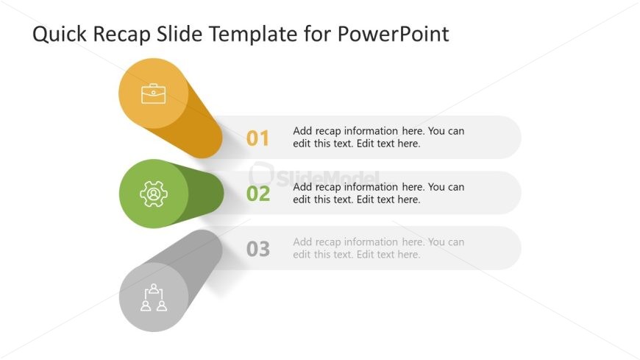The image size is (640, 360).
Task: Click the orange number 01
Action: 257,138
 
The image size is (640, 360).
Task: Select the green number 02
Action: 257,194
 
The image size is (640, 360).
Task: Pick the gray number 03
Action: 257,250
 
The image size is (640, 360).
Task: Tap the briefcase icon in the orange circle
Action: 154,93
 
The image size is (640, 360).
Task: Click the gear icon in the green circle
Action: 154,194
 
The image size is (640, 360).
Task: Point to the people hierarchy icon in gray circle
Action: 154,297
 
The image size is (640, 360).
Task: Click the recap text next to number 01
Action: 378,138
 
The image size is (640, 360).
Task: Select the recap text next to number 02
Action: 378,193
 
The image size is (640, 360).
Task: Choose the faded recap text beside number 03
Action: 378,248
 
